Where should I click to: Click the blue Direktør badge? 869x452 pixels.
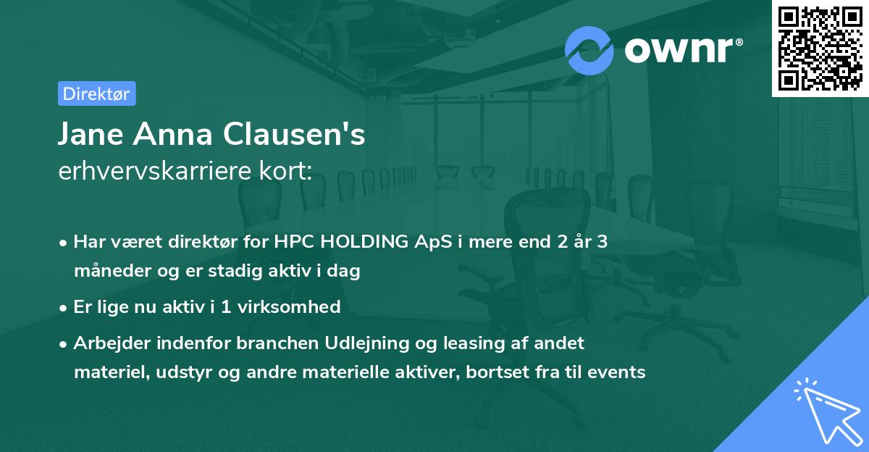[97, 93]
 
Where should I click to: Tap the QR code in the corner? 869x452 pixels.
[820, 49]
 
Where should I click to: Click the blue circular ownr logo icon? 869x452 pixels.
[589, 51]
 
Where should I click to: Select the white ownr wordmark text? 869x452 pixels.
[684, 50]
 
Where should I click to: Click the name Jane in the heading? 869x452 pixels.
[91, 134]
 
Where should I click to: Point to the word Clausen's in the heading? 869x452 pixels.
[294, 134]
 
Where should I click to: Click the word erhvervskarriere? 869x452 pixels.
[155, 170]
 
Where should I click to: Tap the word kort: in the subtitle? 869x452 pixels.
[285, 170]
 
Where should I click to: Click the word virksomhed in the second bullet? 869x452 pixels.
[289, 306]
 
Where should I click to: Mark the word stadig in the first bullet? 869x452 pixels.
[235, 271]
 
